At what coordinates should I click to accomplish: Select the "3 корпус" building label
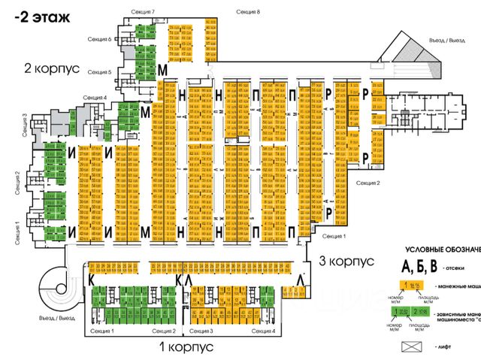click(347, 262)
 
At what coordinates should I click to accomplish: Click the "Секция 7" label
click(142, 13)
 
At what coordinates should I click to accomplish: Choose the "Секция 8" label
click(247, 13)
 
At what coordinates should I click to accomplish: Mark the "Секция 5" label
click(99, 72)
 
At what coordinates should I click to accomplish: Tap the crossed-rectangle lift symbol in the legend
click(416, 346)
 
